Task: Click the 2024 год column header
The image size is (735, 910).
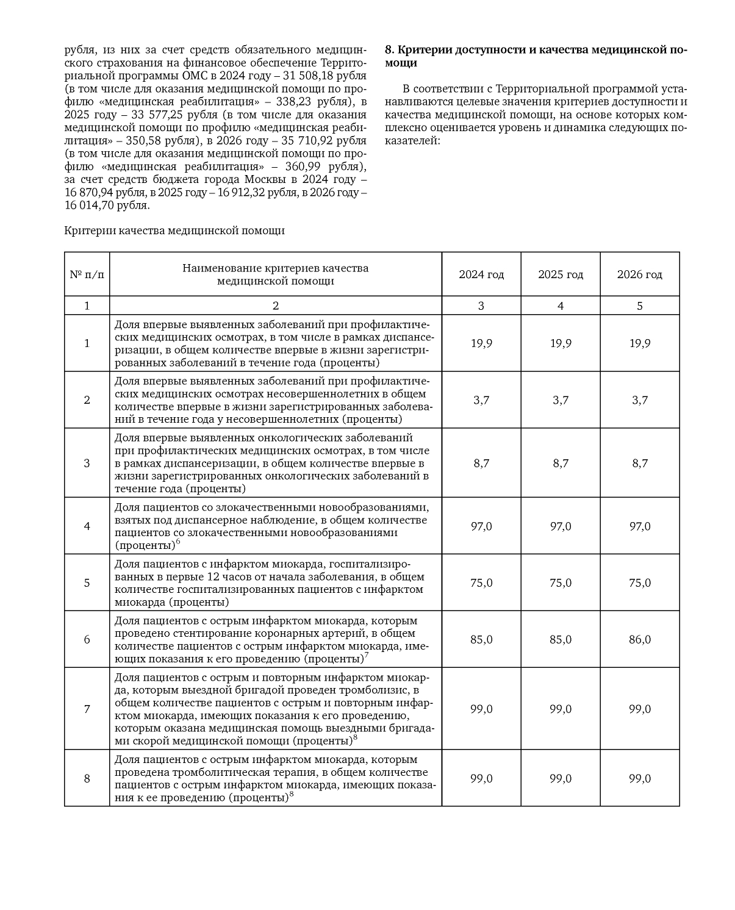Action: pyautogui.click(x=481, y=274)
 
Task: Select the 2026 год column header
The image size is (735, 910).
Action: pyautogui.click(x=639, y=274)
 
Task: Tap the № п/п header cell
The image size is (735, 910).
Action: pyautogui.click(x=87, y=274)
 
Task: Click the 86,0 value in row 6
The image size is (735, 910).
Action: pyautogui.click(x=639, y=639)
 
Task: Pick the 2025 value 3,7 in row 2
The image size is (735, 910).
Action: pyautogui.click(x=560, y=400)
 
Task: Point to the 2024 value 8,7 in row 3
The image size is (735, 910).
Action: pyautogui.click(x=481, y=463)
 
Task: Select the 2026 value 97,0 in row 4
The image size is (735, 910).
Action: pyautogui.click(x=639, y=526)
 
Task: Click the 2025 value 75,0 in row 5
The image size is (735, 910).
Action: pyautogui.click(x=560, y=582)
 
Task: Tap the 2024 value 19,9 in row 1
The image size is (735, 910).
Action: pyautogui.click(x=481, y=343)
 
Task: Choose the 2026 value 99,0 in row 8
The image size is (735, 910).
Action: pyautogui.click(x=639, y=778)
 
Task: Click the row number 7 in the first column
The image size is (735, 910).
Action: pyautogui.click(x=87, y=709)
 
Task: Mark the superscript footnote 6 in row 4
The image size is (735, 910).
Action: pyautogui.click(x=178, y=542)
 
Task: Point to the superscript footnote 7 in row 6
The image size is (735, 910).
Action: pyautogui.click(x=366, y=655)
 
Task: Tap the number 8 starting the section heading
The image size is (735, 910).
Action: pyautogui.click(x=389, y=50)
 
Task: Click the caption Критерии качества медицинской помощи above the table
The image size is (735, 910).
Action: pyautogui.click(x=174, y=231)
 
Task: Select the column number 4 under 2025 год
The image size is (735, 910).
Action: pyautogui.click(x=560, y=306)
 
